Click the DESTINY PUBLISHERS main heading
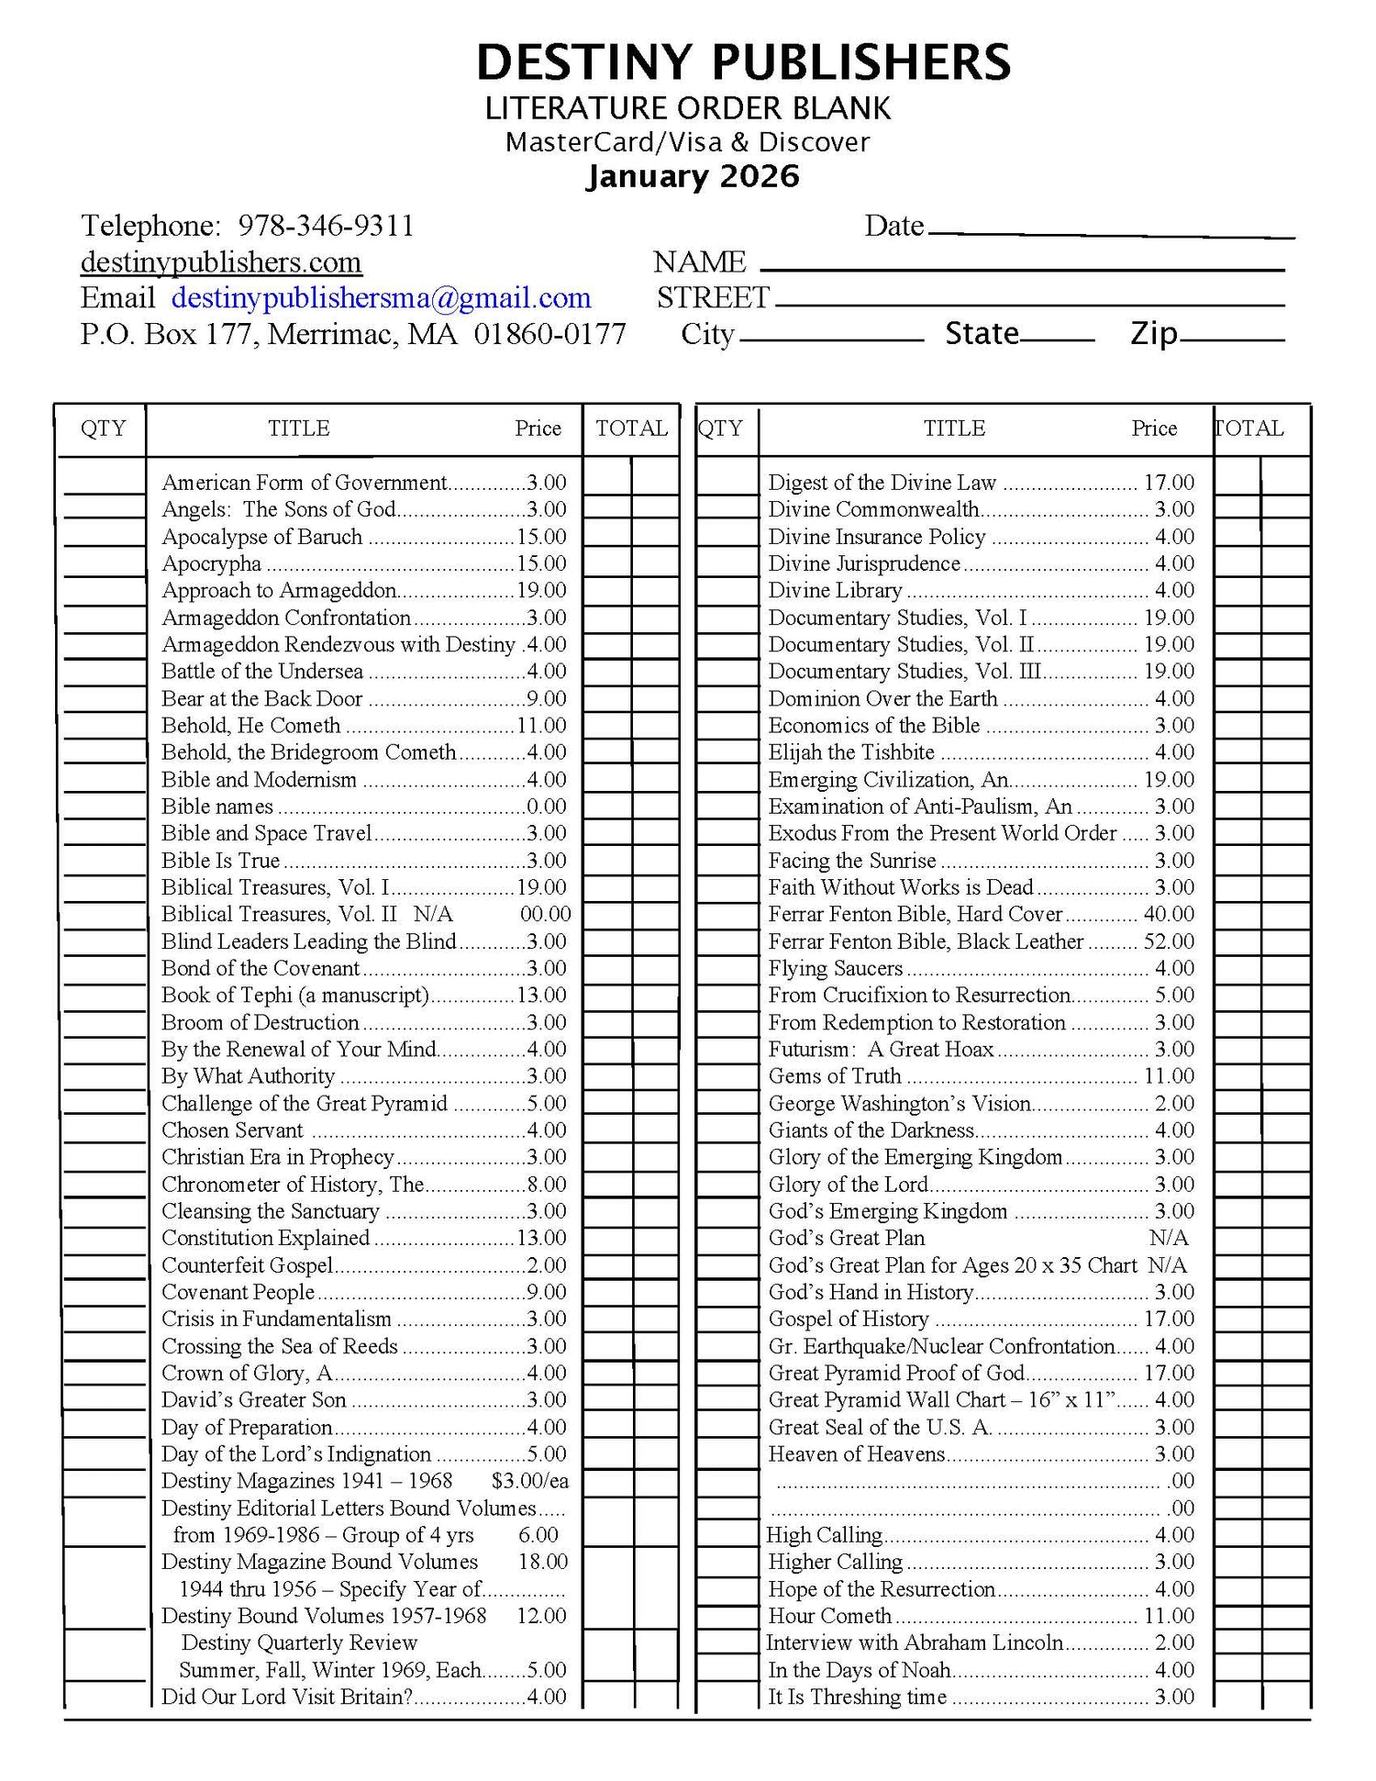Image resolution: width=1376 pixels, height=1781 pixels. coord(743,62)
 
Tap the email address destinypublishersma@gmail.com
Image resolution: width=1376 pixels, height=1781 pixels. coord(381,298)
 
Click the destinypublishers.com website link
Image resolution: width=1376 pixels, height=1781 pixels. coord(221,262)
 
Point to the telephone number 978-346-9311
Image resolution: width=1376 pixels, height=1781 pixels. coord(326,226)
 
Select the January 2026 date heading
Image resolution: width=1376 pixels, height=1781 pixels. coord(693,176)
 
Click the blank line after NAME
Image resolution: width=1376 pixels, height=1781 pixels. coord(1022,269)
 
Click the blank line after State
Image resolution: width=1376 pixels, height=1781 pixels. coord(1057,340)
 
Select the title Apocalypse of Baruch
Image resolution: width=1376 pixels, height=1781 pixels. coord(261,537)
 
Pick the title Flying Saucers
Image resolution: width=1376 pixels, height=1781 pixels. coord(835,968)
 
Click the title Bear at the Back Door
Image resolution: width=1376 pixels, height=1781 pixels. coord(261,698)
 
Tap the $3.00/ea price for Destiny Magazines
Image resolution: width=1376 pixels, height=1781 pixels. coord(529,1481)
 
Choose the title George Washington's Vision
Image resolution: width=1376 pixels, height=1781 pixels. coord(899,1103)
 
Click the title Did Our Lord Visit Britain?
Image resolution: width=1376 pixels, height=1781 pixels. coord(287,1697)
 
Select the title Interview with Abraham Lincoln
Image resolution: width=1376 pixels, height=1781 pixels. coord(915,1642)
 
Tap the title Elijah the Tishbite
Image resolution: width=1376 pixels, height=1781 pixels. coord(850,752)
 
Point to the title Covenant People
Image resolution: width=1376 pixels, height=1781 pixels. coord(238,1292)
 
